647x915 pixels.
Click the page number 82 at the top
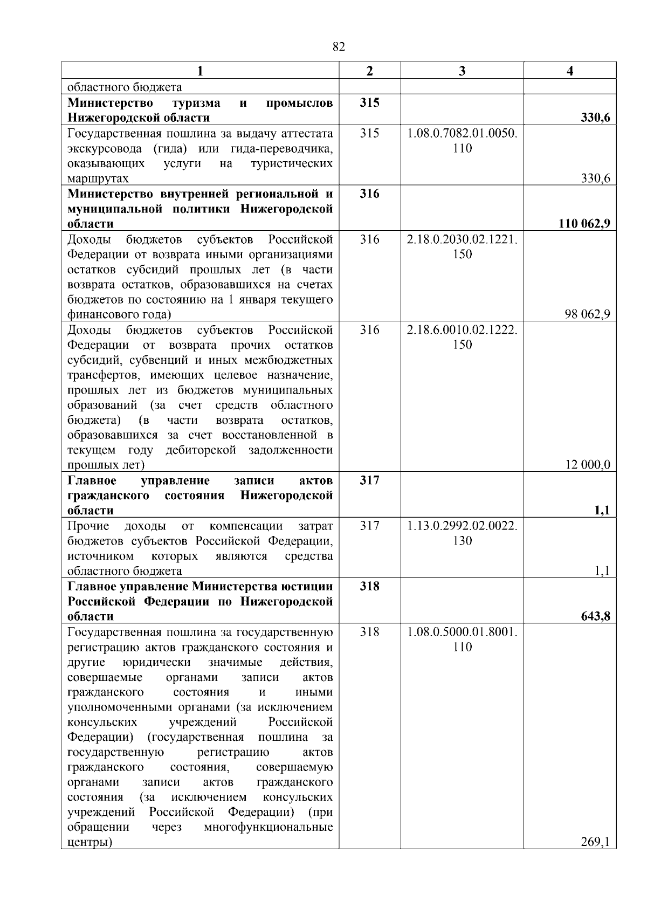339,47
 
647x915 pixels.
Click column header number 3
462,71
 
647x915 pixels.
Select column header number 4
570,71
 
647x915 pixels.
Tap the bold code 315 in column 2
369,102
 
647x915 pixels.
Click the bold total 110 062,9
584,224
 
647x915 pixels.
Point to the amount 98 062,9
588,314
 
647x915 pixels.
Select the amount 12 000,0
588,465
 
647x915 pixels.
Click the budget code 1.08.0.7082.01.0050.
462,133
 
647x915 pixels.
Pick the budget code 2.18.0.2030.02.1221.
462,239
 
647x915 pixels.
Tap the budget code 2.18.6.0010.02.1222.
462,330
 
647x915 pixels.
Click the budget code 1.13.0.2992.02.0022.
462,526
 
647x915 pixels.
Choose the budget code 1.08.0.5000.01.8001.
462,632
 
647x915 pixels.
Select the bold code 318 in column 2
369,586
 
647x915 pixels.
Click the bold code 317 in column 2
369,480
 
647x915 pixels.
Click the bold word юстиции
307,586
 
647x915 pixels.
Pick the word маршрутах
98,178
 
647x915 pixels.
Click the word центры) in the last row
90,842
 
